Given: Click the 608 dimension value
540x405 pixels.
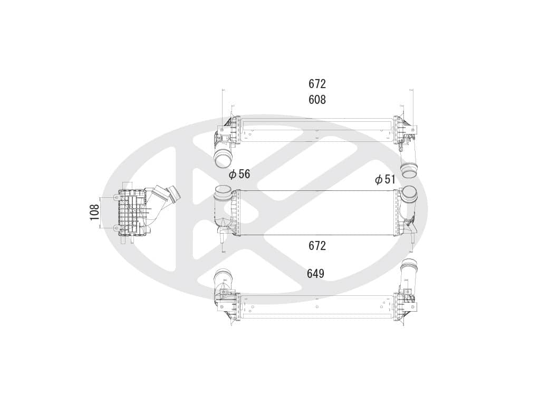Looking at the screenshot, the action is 317,100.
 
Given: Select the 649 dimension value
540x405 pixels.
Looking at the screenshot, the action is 315,274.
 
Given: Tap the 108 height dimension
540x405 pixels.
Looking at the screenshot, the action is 94,212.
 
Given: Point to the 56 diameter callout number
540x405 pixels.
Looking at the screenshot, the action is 244,174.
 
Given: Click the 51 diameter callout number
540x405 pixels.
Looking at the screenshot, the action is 390,179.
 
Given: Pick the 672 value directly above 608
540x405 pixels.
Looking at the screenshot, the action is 317,84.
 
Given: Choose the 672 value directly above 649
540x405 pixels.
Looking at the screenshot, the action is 317,246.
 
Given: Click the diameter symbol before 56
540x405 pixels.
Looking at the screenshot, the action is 233,175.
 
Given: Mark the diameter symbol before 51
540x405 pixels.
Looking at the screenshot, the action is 379,180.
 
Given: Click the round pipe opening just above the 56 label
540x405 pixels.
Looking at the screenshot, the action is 224,160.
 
